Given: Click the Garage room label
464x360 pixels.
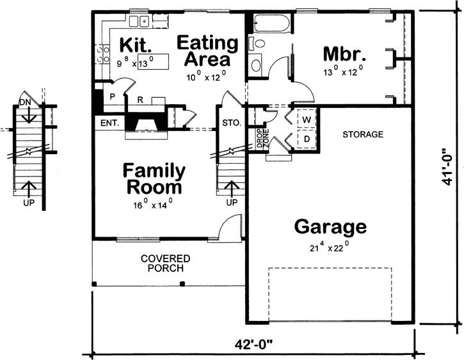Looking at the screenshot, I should [330, 226].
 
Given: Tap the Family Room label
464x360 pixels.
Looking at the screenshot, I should [154, 180].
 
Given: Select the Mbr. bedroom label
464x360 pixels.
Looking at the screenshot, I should [344, 52].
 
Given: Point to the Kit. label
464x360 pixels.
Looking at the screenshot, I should [135, 45].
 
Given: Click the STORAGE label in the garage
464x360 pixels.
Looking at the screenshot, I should [362, 135].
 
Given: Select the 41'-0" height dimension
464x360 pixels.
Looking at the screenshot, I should [447, 166].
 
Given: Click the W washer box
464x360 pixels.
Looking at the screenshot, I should [306, 120].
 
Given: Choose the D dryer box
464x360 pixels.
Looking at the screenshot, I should [306, 139].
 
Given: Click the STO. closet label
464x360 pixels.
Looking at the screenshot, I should [231, 123].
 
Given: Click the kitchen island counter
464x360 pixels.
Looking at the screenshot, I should [159, 62].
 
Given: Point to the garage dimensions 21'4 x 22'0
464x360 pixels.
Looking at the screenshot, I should [330, 244].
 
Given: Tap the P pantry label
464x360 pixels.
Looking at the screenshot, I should [111, 96].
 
